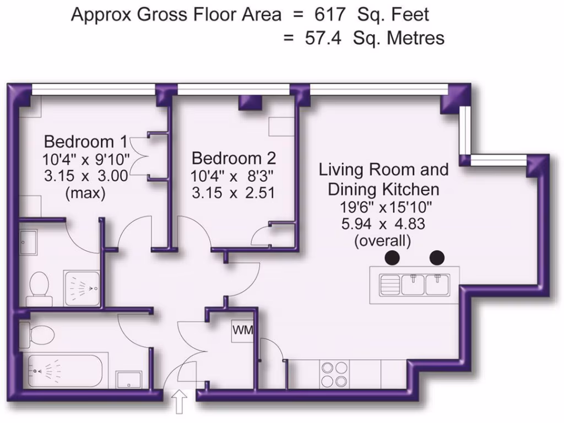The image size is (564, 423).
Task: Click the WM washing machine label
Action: [x=243, y=330]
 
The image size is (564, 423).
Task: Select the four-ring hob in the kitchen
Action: [x=334, y=374]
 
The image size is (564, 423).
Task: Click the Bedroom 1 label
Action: [x=85, y=142]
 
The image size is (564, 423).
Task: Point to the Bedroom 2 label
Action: [x=234, y=158]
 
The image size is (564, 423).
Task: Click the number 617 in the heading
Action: [x=330, y=15]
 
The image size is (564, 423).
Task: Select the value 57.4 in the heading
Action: [x=323, y=38]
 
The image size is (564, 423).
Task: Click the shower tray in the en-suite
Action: [x=82, y=289]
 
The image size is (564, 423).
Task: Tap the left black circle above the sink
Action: [x=392, y=258]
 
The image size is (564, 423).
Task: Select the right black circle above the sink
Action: [x=437, y=258]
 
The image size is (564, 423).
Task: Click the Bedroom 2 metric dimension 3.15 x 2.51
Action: [x=233, y=193]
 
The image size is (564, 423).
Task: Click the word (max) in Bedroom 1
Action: [x=85, y=193]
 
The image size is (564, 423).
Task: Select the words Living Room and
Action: [x=384, y=170]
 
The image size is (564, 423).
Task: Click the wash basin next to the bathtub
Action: [x=129, y=380]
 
